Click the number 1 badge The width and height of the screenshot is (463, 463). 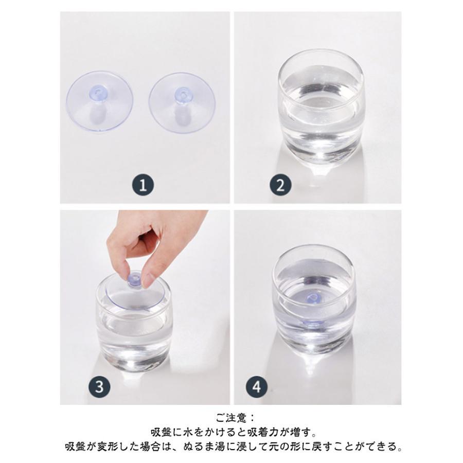[x=143, y=185]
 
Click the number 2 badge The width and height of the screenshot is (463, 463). [x=280, y=185]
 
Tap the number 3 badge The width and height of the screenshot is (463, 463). [x=100, y=386]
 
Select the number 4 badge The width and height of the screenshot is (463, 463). [x=257, y=386]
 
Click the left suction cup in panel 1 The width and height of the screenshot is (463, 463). [x=99, y=101]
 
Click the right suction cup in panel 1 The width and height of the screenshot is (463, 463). [x=182, y=102]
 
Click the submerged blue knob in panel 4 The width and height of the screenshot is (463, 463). [x=313, y=298]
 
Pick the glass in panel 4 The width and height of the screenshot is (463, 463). [x=314, y=300]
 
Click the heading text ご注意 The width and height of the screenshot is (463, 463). [x=231, y=418]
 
